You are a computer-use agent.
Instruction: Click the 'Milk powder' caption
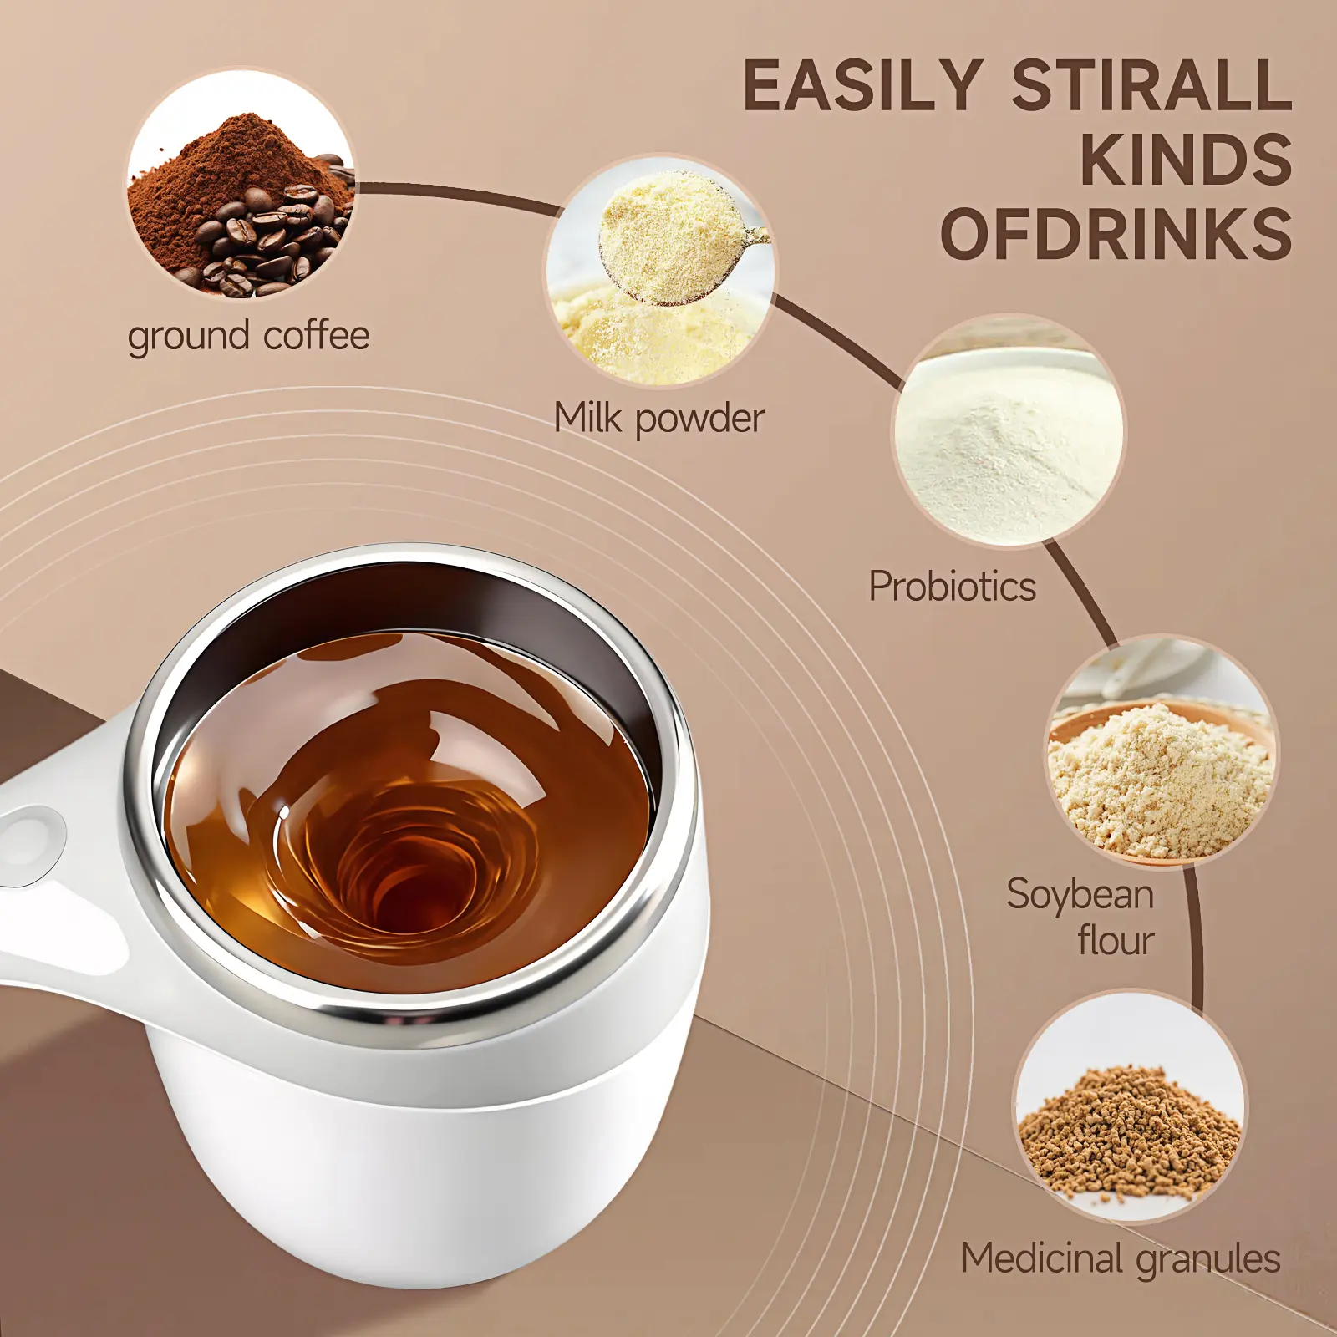click(659, 418)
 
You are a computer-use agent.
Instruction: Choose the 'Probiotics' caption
click(953, 586)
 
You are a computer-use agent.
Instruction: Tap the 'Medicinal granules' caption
click(1121, 1258)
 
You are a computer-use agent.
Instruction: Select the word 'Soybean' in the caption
click(1080, 894)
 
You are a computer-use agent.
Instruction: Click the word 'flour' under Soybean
click(1116, 940)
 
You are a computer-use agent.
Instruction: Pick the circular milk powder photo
click(660, 270)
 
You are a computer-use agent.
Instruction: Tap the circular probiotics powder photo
click(1009, 431)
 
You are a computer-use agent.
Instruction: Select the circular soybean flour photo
click(1163, 751)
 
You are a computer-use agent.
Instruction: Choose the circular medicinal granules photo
click(1130, 1106)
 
